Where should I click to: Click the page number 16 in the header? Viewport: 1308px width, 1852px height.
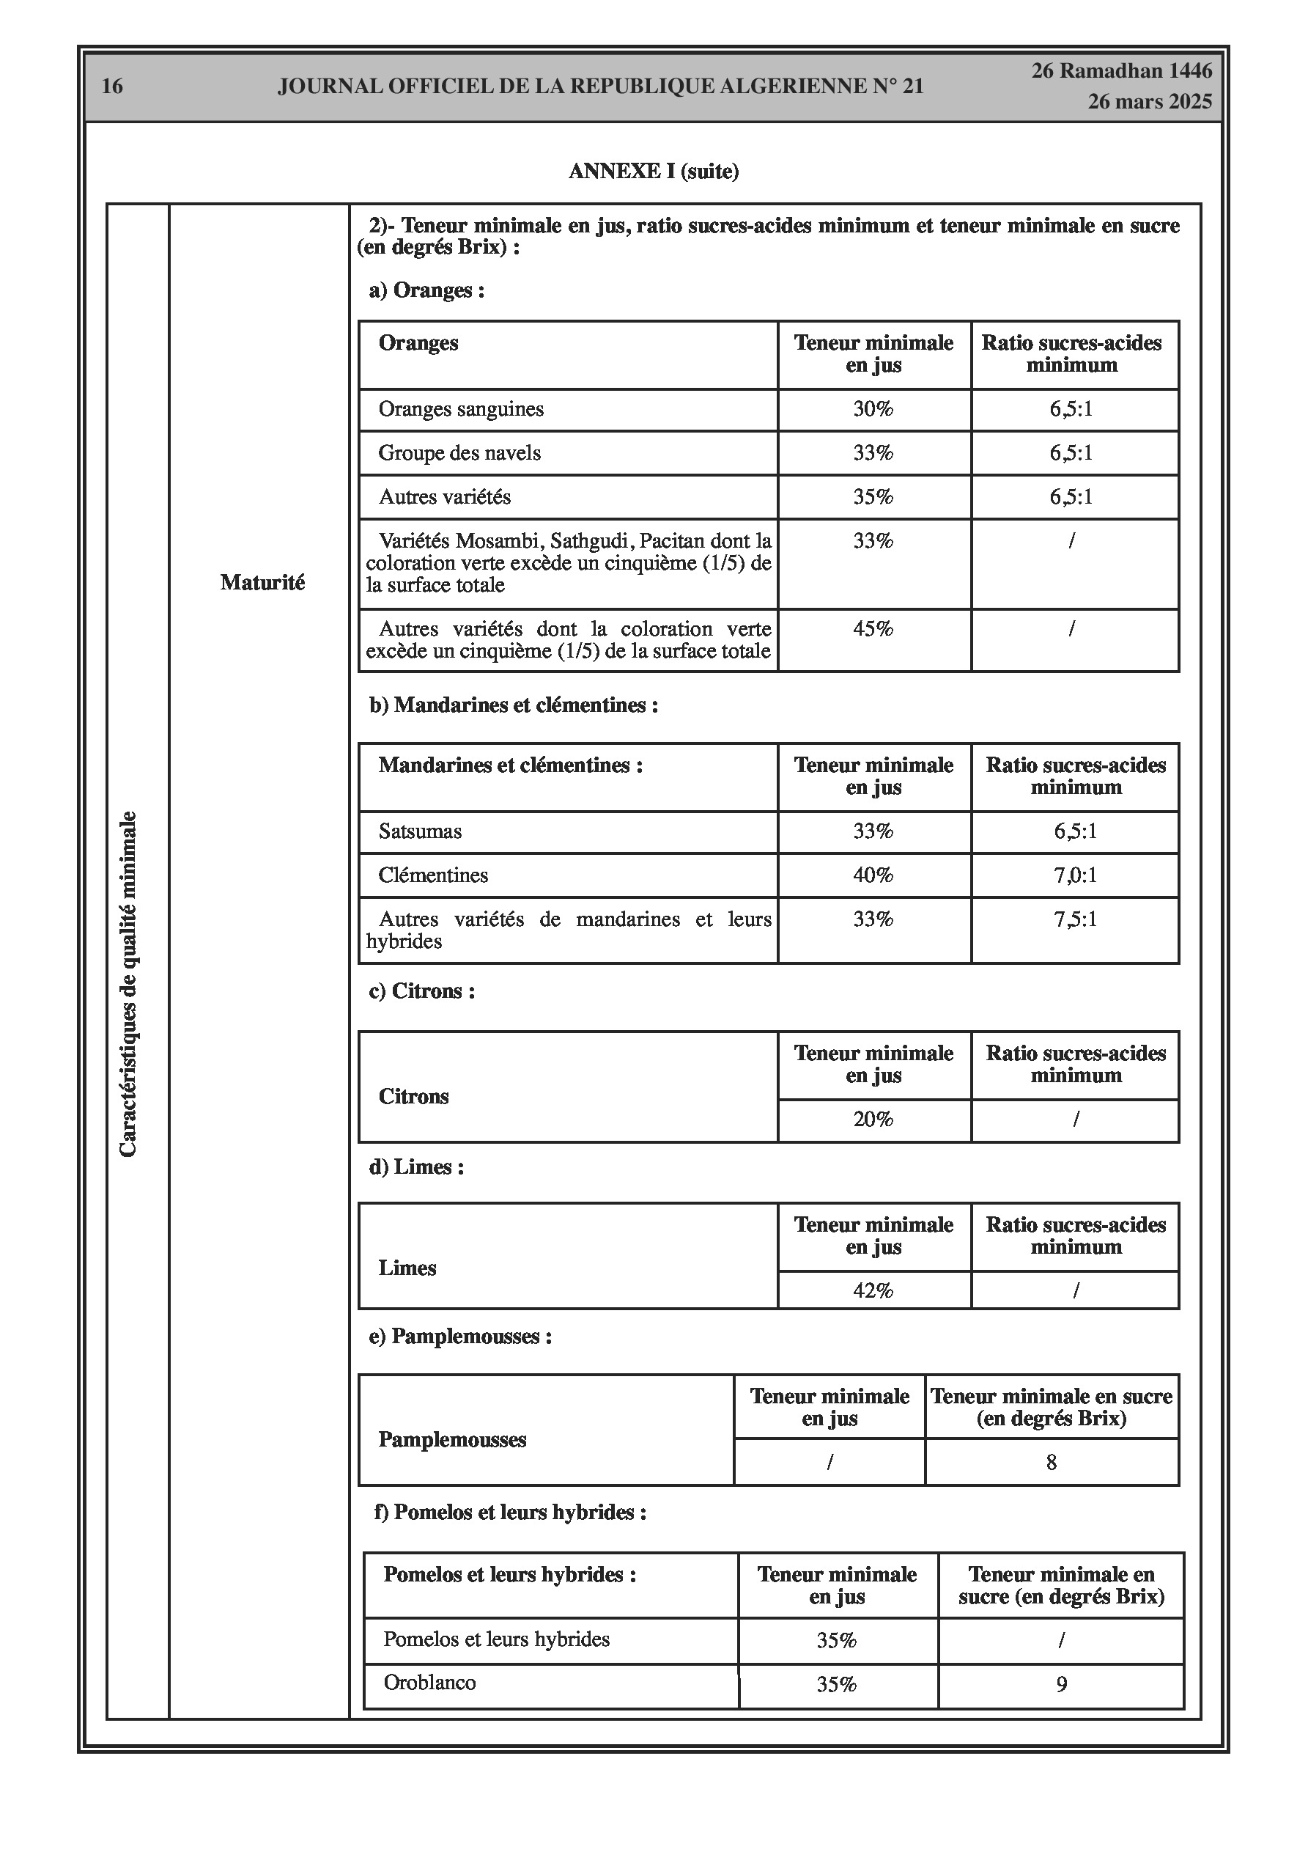[112, 87]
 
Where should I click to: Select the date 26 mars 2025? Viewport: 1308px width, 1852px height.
[1149, 102]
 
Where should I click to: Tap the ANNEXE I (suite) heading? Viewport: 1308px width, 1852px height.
[653, 171]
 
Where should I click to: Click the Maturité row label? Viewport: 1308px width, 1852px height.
[262, 582]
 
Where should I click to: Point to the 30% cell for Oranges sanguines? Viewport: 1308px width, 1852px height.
[873, 409]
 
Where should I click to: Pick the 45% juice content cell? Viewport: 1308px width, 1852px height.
[873, 628]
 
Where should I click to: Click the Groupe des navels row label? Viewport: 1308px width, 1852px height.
[459, 452]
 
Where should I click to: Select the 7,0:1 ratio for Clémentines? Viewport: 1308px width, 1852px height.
[1075, 875]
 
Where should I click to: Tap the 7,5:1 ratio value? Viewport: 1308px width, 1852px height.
[1075, 919]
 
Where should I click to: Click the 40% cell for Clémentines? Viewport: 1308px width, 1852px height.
[873, 875]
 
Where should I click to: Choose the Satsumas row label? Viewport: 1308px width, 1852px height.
[420, 831]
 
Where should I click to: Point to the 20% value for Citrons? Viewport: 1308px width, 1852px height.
[873, 1119]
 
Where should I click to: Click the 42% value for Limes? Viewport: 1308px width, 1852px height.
[873, 1290]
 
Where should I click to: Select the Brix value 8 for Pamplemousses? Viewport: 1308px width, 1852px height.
[1051, 1462]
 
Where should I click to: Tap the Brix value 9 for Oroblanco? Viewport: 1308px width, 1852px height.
[1061, 1683]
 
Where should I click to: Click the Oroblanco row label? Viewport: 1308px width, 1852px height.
[430, 1682]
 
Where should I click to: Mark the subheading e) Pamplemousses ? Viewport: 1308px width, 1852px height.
[460, 1337]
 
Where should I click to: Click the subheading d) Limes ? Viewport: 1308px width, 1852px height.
[416, 1166]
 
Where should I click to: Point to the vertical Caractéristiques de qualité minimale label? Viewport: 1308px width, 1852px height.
[128, 984]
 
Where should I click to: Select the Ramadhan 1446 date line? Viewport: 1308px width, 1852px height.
[1122, 71]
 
